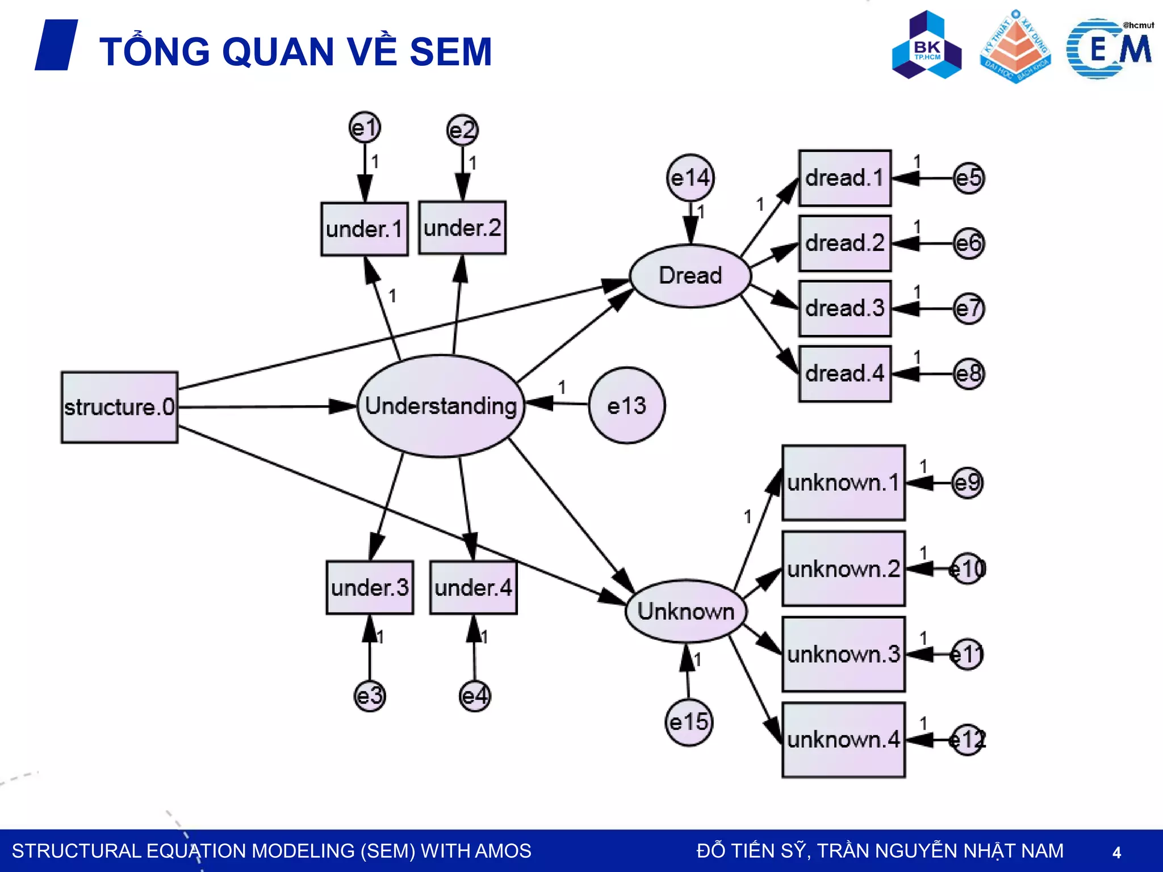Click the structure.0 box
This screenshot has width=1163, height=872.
pos(119,407)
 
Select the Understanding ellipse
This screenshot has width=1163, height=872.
pos(441,406)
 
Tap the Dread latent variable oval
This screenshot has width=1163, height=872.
pos(690,276)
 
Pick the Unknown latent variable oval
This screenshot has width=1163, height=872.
pos(685,611)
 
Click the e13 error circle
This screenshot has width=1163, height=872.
pos(626,405)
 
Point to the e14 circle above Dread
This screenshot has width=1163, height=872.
pos(690,178)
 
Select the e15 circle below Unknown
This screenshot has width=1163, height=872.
pos(688,722)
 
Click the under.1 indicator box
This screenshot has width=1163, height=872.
pos(364,229)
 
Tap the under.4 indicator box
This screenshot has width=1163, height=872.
pos(473,588)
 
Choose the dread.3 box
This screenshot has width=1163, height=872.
pos(844,308)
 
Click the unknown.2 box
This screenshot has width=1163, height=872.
pos(843,569)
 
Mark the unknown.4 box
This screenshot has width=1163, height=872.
pos(843,740)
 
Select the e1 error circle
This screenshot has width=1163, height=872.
pos(365,128)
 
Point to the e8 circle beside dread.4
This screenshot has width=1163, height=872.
pos(968,374)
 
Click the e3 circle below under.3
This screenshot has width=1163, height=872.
pos(370,696)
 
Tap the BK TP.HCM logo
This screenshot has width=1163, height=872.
pos(927,45)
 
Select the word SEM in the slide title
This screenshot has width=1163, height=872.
pos(450,52)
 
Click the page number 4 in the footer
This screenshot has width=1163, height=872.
pos(1116,852)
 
